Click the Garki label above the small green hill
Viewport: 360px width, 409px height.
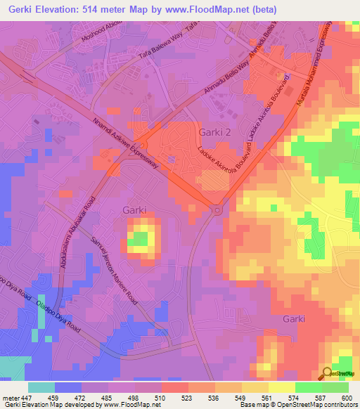pos(134,209)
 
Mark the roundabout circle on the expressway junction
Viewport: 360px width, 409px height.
pos(217,209)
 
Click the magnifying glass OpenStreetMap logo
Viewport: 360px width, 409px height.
pos(326,372)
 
